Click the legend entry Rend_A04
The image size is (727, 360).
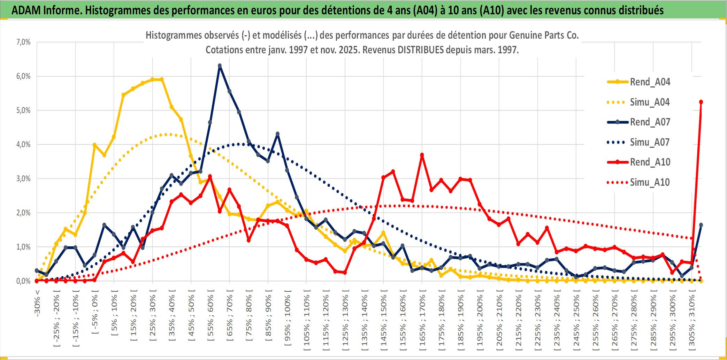tap(650, 82)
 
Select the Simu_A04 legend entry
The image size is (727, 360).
tap(650, 102)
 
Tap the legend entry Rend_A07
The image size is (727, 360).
tap(650, 122)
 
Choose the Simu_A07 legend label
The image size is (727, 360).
tap(650, 142)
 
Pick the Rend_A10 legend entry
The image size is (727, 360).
tap(650, 162)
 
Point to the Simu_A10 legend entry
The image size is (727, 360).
tap(650, 182)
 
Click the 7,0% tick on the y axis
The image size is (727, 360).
tap(23, 42)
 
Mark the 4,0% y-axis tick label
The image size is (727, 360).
tap(23, 144)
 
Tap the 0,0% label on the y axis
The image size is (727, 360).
tap(23, 281)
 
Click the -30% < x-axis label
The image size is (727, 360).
tap(37, 303)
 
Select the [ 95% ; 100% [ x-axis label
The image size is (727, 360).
tap(288, 321)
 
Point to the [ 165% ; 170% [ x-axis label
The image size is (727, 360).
tap(422, 321)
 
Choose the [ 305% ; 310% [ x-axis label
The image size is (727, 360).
tap(692, 321)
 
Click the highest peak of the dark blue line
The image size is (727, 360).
tap(220, 66)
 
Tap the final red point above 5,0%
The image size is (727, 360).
tap(701, 102)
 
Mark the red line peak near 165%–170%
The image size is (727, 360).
tap(422, 155)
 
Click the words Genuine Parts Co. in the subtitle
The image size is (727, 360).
tap(544, 35)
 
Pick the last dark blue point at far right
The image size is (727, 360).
tap(701, 225)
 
